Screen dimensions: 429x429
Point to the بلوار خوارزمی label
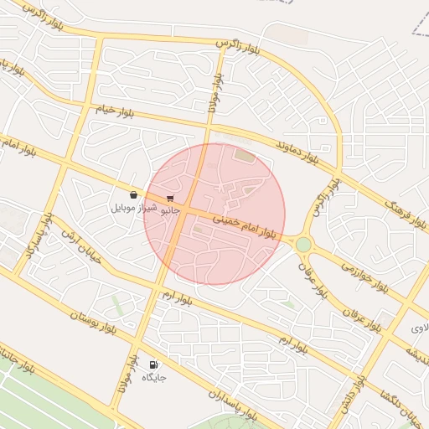click(x=364, y=276)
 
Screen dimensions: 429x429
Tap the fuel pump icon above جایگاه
click(x=153, y=364)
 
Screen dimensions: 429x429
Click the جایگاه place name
click(x=154, y=378)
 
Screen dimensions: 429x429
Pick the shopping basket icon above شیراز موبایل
click(x=134, y=194)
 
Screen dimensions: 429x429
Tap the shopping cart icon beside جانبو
click(x=171, y=198)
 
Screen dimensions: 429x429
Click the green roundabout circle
click(x=303, y=244)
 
